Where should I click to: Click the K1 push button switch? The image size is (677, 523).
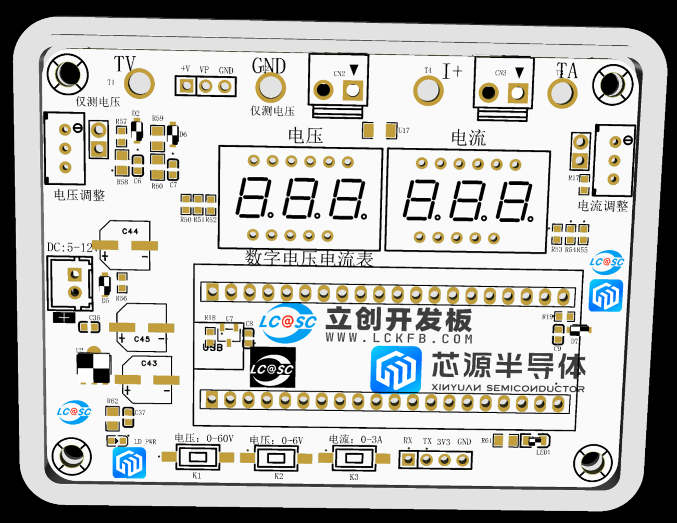(x=197, y=457)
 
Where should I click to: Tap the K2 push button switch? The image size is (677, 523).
(x=276, y=458)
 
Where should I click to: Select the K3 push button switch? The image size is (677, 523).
(x=354, y=458)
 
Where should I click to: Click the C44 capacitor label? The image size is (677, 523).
(x=130, y=231)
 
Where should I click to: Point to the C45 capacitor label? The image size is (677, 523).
(x=142, y=339)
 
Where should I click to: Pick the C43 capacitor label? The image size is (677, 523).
(x=149, y=363)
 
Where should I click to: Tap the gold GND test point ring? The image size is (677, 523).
(x=270, y=87)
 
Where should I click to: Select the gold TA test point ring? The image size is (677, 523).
(x=562, y=93)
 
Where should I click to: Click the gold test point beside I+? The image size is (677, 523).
(x=428, y=90)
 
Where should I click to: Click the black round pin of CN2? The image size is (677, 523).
(x=323, y=90)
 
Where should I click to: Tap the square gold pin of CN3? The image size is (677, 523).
(x=517, y=93)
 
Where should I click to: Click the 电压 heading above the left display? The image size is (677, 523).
(x=306, y=136)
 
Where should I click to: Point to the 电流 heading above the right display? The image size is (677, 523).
(x=468, y=138)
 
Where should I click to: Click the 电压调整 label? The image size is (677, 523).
(x=79, y=195)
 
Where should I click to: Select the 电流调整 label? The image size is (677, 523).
(x=603, y=206)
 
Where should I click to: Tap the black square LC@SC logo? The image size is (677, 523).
(x=272, y=368)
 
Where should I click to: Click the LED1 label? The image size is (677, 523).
(x=543, y=452)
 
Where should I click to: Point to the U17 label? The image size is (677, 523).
(x=404, y=130)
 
